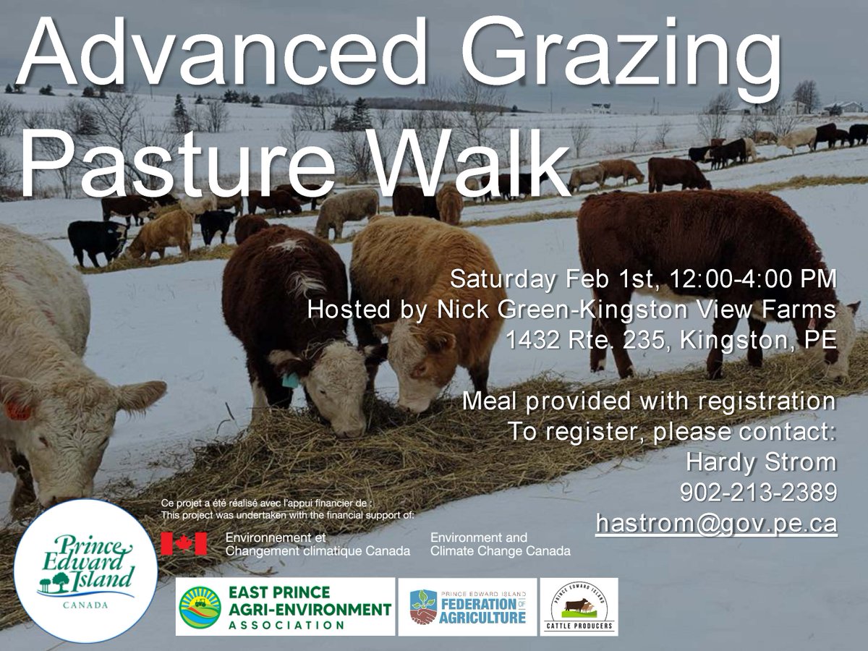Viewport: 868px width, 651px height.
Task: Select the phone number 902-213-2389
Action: pyautogui.click(x=759, y=492)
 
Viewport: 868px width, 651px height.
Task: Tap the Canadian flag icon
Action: pyautogui.click(x=184, y=543)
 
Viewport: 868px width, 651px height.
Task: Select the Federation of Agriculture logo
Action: pyautogui.click(x=467, y=606)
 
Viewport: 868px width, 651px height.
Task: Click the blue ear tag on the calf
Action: pyautogui.click(x=291, y=380)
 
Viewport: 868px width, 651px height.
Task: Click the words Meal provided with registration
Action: pyautogui.click(x=650, y=400)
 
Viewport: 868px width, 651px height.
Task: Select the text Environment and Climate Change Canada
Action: pyautogui.click(x=500, y=544)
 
